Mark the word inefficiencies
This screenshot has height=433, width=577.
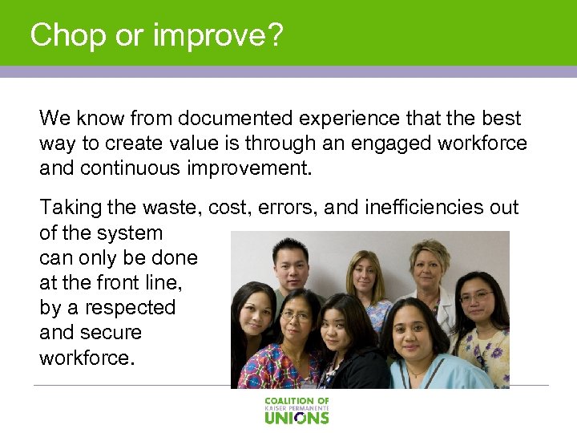426,208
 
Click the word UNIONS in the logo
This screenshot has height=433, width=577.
297,417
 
